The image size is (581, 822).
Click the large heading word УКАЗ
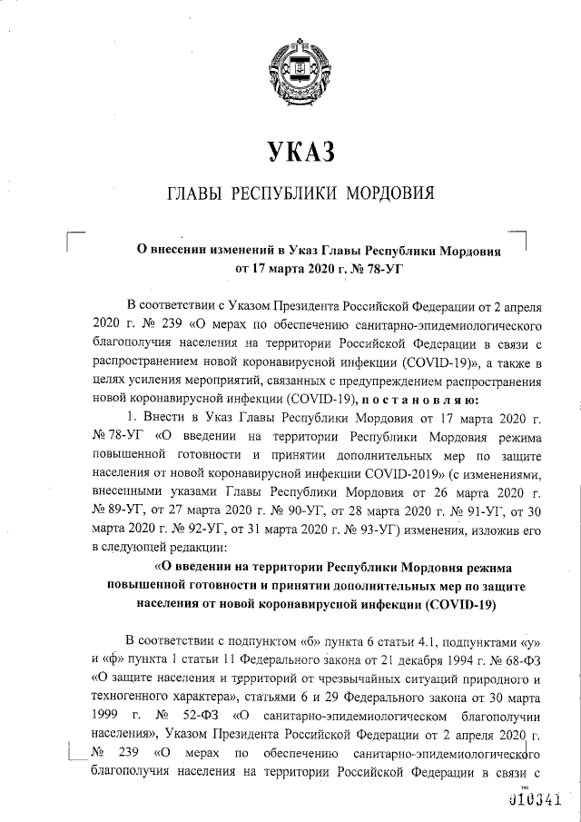290,151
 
